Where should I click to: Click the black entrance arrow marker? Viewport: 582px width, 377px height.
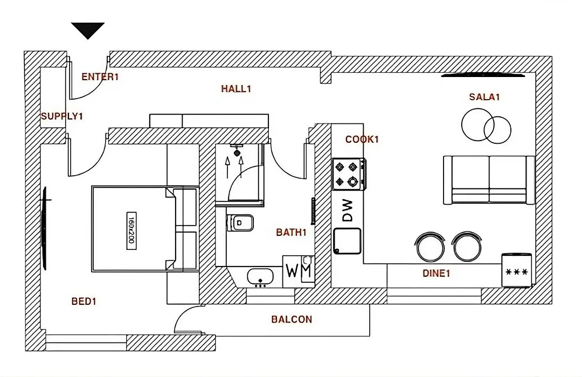(88, 30)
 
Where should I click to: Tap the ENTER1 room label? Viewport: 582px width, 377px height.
(100, 77)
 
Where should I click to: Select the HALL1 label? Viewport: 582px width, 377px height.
(236, 89)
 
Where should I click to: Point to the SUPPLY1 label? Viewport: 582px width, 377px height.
(62, 116)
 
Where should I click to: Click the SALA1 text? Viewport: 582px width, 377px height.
(484, 97)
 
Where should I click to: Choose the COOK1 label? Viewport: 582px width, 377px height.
(362, 139)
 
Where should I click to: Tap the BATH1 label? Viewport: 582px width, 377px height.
(292, 232)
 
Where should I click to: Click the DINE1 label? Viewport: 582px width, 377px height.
(436, 274)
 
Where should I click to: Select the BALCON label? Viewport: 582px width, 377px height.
(292, 319)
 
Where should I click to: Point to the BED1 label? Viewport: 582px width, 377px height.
(84, 301)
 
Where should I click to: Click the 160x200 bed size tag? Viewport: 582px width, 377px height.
(131, 231)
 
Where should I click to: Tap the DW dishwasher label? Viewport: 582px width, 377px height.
(347, 211)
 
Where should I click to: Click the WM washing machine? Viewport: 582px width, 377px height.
(299, 271)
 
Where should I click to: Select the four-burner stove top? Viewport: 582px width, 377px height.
(349, 174)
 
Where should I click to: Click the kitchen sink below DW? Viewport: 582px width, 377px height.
(347, 241)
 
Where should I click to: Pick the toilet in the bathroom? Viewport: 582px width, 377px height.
(240, 223)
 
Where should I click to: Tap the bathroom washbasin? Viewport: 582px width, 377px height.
(260, 277)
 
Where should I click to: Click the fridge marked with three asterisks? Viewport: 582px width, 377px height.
(517, 270)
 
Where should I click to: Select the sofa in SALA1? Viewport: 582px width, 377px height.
(489, 180)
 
